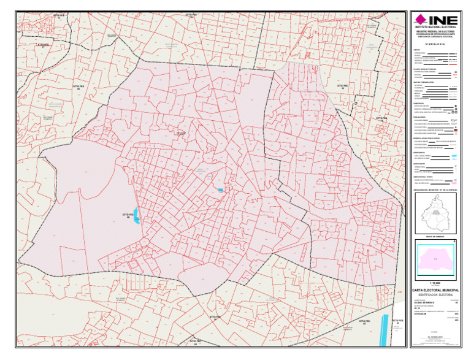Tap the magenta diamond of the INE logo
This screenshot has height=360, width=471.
[423, 18]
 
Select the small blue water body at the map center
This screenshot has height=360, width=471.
[220, 190]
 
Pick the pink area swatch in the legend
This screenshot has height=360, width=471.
[454, 180]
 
